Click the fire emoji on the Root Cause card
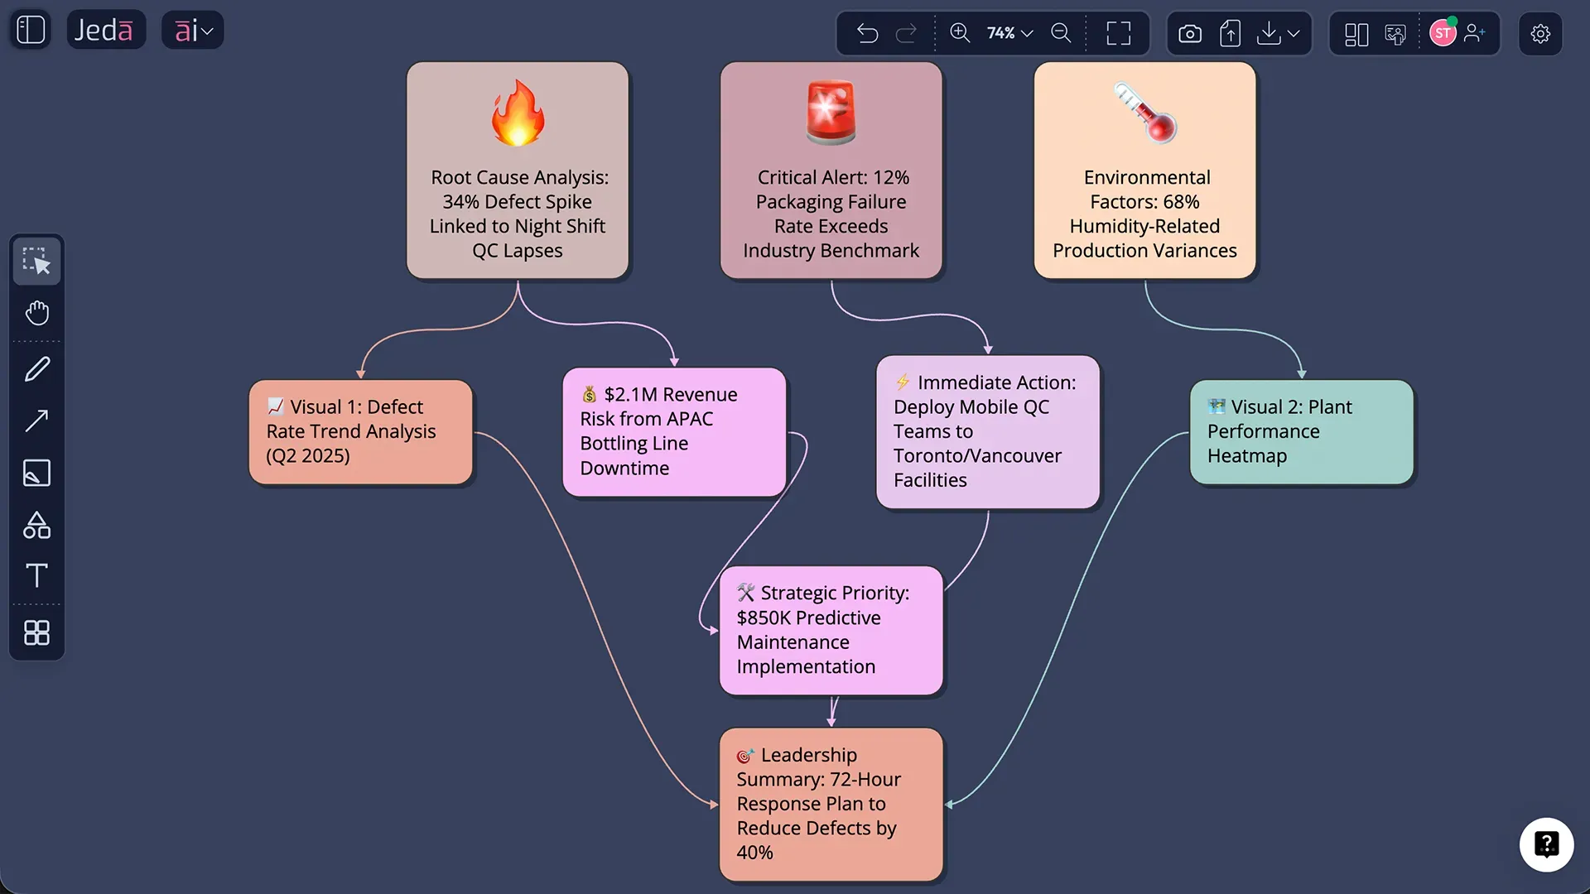pos(518,113)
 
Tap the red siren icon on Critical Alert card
pos(831,113)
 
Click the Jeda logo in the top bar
pos(104,31)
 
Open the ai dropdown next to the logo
pos(193,31)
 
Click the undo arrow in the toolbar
pos(867,33)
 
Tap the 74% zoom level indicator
pos(1009,33)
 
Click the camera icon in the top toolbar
pos(1190,34)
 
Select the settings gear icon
pos(1540,34)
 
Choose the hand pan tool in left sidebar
pos(36,313)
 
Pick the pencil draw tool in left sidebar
pos(36,369)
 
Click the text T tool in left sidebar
pos(36,575)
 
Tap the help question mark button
pos(1546,844)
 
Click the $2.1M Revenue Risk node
pos(674,432)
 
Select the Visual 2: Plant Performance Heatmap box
pos(1301,432)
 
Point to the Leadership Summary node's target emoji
pos(745,756)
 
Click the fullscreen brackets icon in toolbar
pos(1119,33)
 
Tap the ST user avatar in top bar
pos(1443,33)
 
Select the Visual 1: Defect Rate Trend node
pos(360,432)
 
